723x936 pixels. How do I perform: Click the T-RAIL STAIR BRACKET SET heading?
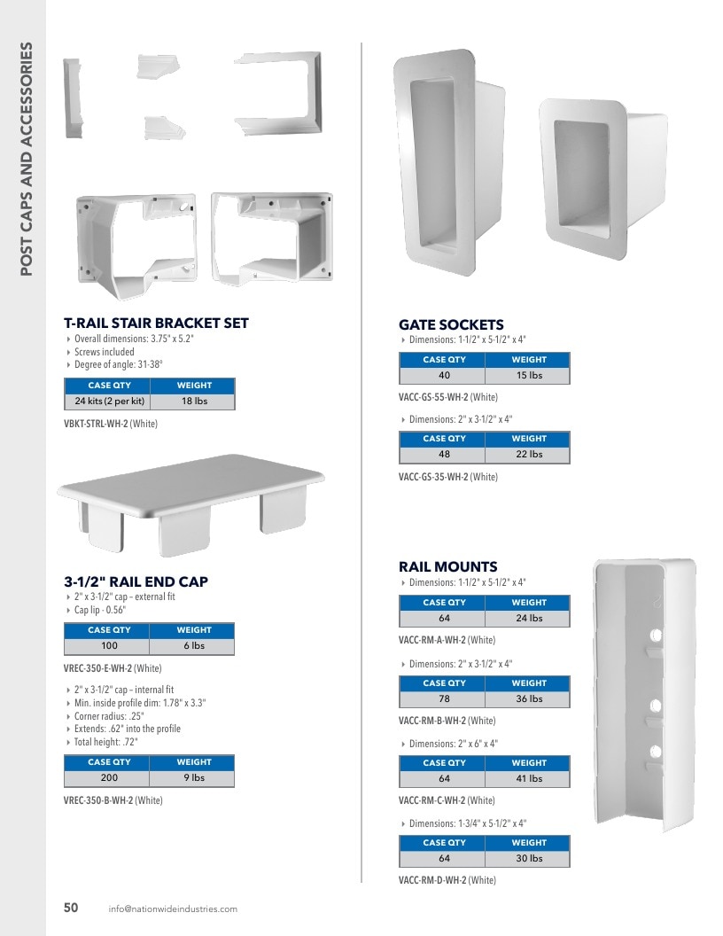point(156,323)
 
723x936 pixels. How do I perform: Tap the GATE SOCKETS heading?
point(451,324)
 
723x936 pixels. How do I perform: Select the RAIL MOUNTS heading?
point(448,566)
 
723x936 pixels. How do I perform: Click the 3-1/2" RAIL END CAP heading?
point(136,581)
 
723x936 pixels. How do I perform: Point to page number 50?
point(71,908)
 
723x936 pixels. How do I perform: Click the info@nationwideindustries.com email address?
point(173,909)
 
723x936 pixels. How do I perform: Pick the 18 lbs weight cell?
point(194,402)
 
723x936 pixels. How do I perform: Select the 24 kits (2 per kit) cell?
point(110,402)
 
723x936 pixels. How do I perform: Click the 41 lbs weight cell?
point(529,778)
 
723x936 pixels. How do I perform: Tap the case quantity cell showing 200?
point(109,778)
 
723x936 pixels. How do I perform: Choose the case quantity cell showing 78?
point(445,698)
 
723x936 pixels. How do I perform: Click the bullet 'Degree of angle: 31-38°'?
point(118,364)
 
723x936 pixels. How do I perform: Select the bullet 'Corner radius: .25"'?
point(109,715)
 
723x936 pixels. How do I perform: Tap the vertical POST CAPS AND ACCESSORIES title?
point(26,159)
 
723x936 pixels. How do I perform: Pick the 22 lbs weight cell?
point(529,454)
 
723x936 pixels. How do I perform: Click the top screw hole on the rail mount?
point(656,635)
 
